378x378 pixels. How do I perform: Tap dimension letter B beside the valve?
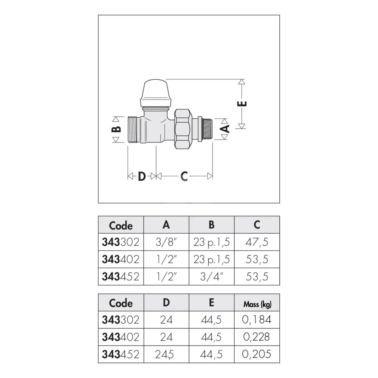tap(116, 129)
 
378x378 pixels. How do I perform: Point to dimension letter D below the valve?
tap(142, 177)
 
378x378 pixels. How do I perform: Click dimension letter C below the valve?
tap(184, 177)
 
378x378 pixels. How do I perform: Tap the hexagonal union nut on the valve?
tap(183, 129)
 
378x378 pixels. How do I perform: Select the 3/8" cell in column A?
tap(166, 242)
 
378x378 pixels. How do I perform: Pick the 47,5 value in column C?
tap(257, 242)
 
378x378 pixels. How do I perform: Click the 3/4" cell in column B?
tap(212, 277)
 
